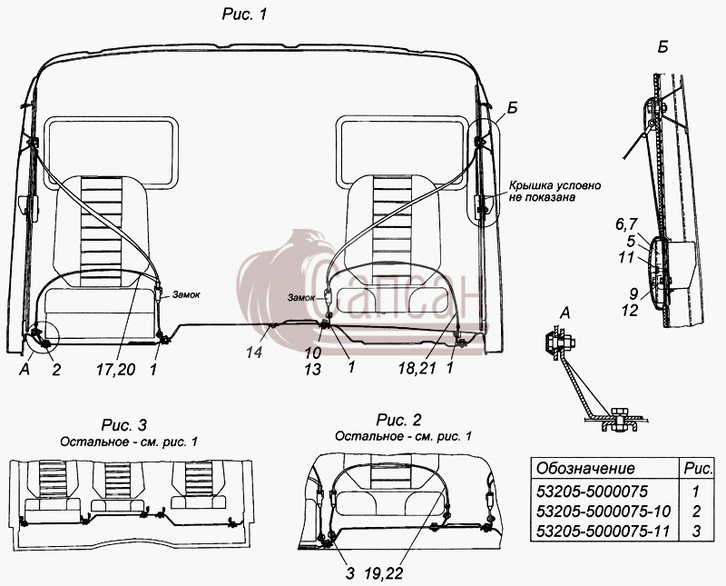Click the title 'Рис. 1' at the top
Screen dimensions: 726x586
[x=244, y=15]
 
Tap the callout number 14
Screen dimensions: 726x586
[x=254, y=353]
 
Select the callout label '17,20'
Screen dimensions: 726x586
[x=116, y=370]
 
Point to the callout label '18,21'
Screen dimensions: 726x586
[x=417, y=368]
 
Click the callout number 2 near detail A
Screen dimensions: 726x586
[x=56, y=370]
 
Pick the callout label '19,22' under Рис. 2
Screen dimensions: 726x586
[x=383, y=573]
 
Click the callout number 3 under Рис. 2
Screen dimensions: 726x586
[x=350, y=573]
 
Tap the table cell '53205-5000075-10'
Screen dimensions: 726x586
[x=603, y=511]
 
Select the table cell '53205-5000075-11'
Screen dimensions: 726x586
[x=603, y=531]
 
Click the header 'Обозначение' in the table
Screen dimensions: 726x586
[x=585, y=468]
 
